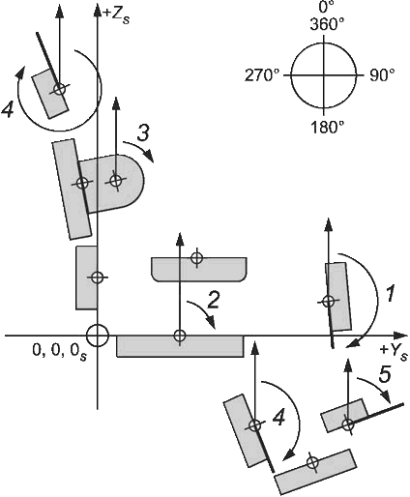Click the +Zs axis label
(116, 15)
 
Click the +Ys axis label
(394, 352)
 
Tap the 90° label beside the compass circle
(382, 75)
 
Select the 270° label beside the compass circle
(262, 75)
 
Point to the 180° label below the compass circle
(327, 128)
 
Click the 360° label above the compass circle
(327, 24)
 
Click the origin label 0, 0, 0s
(59, 352)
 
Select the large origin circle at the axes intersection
(98, 336)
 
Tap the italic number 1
(390, 293)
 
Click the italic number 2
(213, 300)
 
